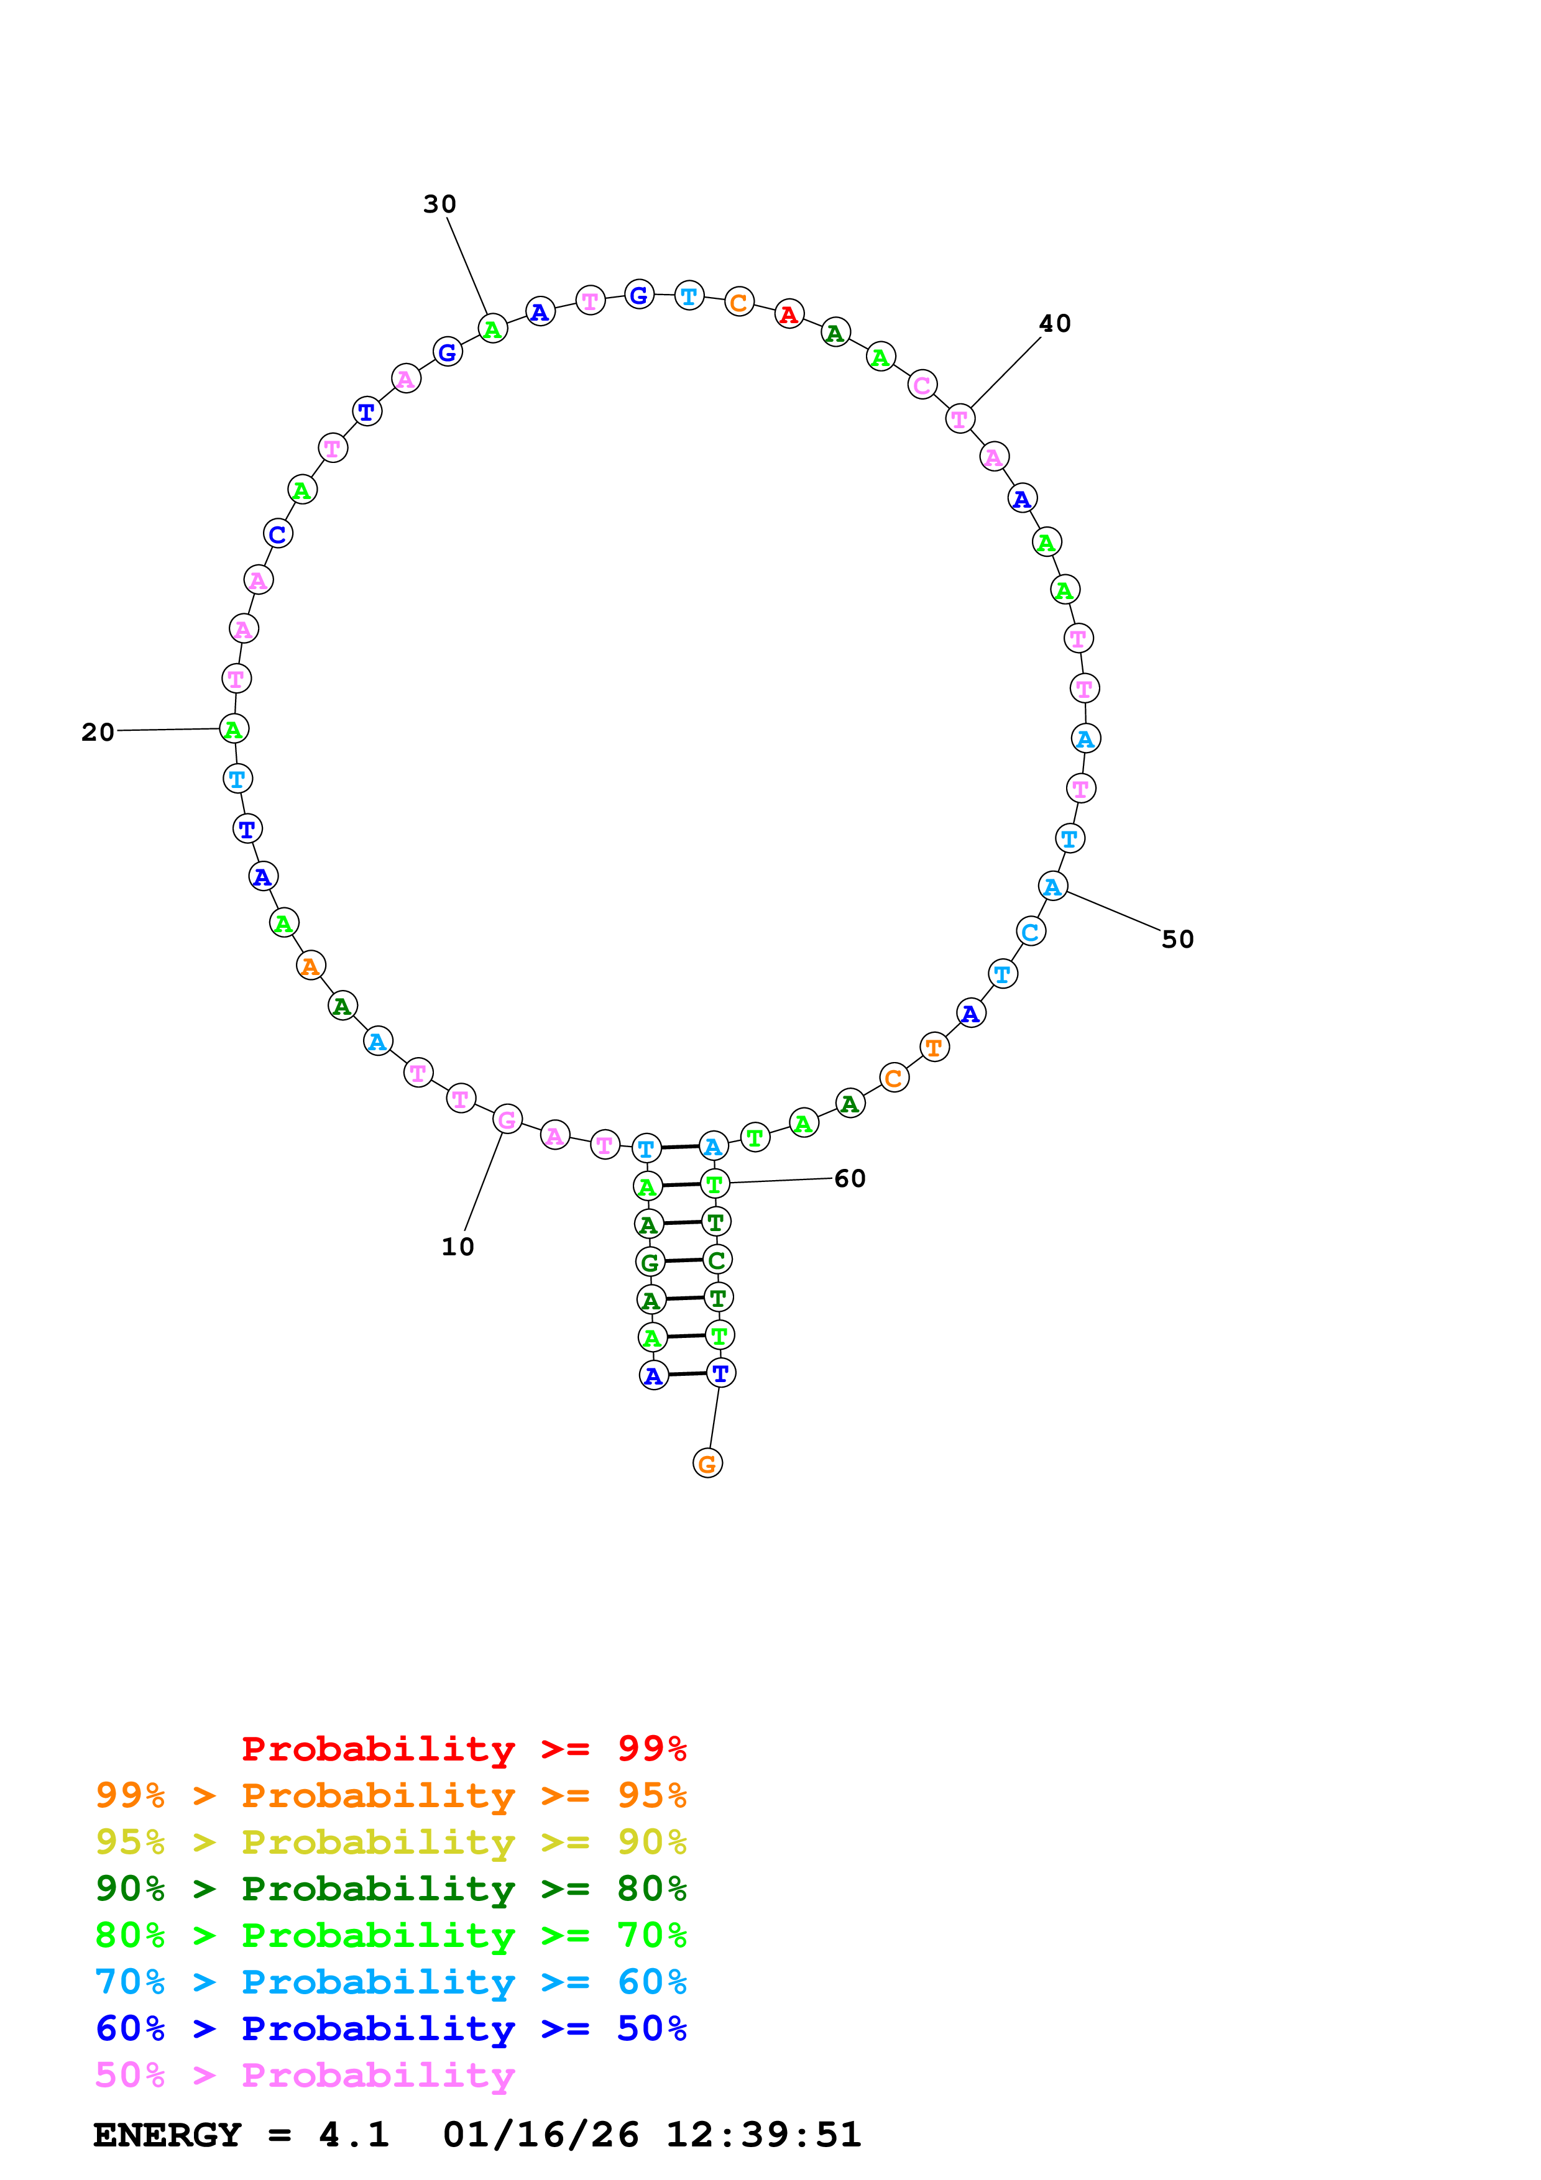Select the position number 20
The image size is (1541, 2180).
coord(98,732)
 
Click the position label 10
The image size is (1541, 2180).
coord(458,1247)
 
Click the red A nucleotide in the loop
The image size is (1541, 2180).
coord(789,314)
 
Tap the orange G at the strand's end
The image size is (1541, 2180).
coord(707,1463)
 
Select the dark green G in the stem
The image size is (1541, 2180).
coord(650,1263)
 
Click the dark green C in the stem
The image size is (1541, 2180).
coord(717,1260)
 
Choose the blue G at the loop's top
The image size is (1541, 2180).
coord(639,295)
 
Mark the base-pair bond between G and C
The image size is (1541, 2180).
coord(684,1261)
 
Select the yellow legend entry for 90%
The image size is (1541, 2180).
coord(390,1842)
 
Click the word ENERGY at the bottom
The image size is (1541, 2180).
coord(167,2135)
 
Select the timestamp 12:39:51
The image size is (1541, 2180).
coord(763,2135)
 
